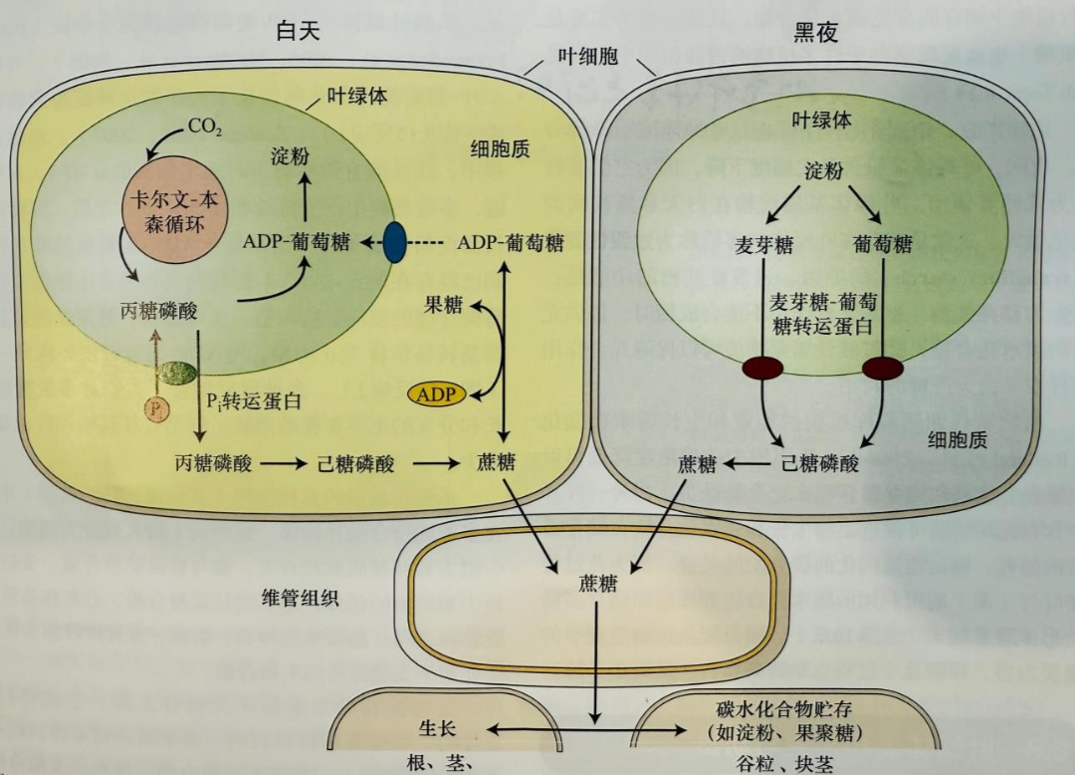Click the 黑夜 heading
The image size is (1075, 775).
[815, 32]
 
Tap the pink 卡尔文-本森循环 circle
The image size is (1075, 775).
[174, 209]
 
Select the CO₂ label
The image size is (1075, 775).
[204, 128]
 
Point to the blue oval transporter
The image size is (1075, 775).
[395, 243]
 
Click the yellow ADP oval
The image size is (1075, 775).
[436, 393]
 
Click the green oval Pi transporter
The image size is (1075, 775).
[177, 374]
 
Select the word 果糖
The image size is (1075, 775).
[443, 305]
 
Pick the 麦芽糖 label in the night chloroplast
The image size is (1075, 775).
[765, 244]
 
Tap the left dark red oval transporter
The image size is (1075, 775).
[763, 368]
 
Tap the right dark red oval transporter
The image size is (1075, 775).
[882, 369]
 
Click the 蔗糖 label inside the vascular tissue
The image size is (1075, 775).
[597, 584]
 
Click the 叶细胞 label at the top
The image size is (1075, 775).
[587, 56]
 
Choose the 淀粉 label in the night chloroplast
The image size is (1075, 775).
[823, 170]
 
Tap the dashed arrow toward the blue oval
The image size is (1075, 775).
[430, 243]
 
